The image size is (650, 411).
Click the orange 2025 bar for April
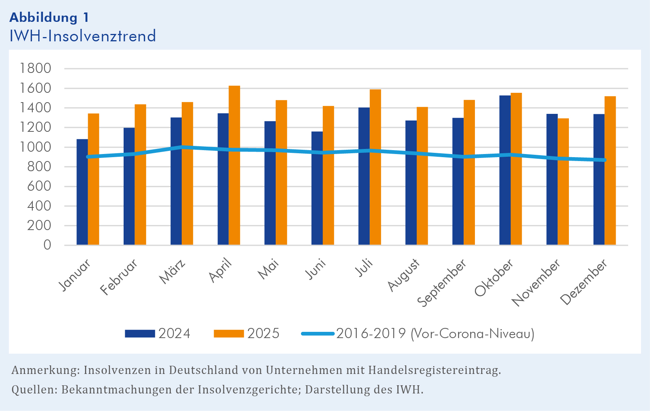click(x=234, y=166)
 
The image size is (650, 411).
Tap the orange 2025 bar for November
click(x=563, y=182)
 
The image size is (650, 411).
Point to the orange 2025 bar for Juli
click(x=375, y=168)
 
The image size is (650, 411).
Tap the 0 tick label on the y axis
click(x=47, y=245)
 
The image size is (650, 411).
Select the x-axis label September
click(x=442, y=283)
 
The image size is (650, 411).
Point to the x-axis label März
click(x=172, y=272)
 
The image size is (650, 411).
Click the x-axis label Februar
click(x=119, y=277)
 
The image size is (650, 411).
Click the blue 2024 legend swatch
click(x=140, y=334)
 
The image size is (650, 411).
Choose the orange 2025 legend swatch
click(x=229, y=334)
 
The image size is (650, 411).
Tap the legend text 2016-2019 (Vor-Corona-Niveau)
click(x=435, y=334)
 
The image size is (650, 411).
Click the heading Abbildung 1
click(x=49, y=18)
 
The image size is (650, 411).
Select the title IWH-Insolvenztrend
click(x=83, y=36)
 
